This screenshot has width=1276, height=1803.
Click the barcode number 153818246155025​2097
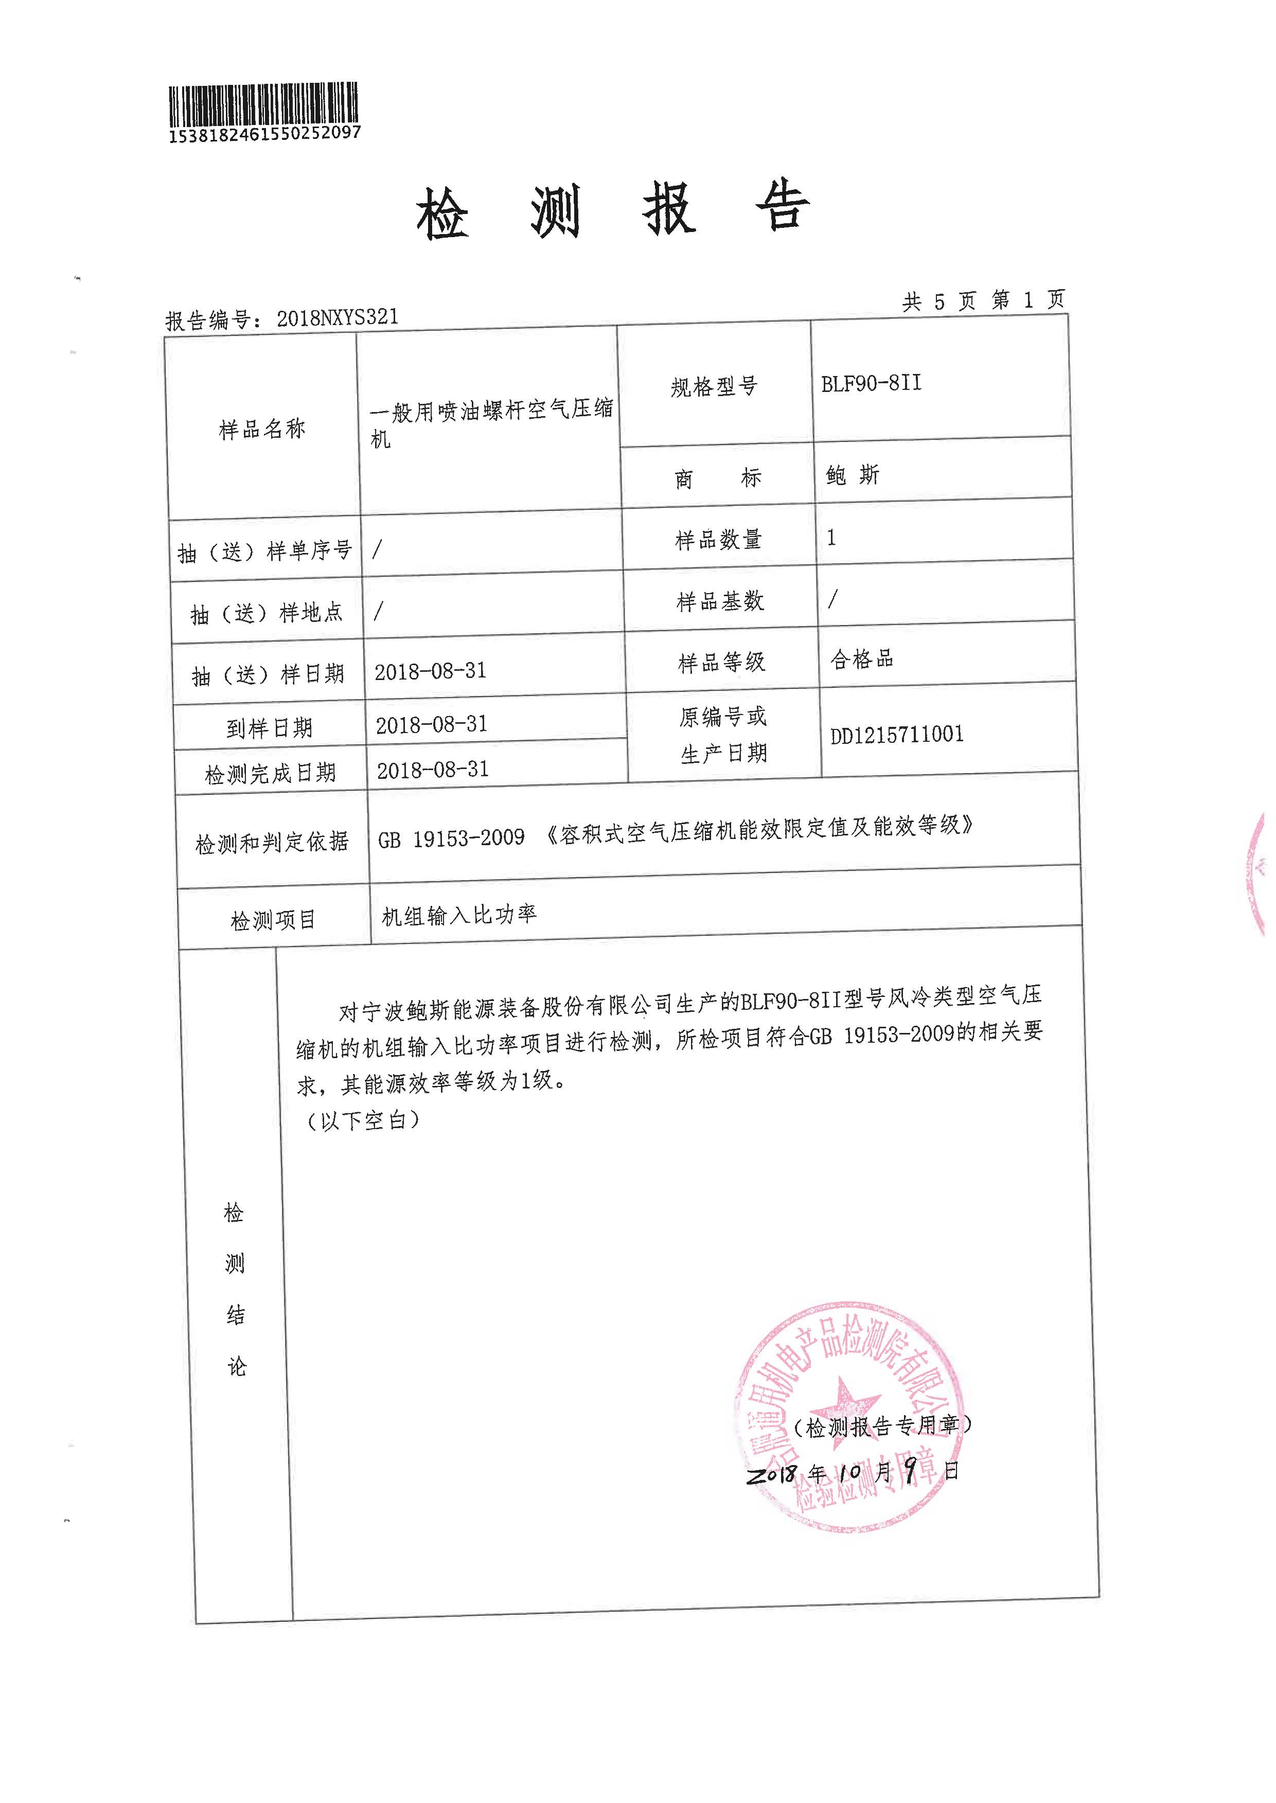click(265, 134)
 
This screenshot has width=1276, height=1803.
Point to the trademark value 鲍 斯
click(853, 474)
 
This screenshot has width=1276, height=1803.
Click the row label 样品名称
click(262, 429)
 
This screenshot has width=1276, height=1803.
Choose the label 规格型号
click(714, 386)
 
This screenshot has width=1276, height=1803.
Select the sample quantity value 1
click(831, 538)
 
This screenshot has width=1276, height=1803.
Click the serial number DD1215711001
click(896, 735)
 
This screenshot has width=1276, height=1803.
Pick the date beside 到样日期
click(431, 724)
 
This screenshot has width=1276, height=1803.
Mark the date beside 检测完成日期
click(433, 770)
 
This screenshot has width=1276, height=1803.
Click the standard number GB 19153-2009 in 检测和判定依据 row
click(451, 838)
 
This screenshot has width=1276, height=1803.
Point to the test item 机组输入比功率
click(459, 915)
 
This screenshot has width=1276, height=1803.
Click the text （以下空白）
click(362, 1121)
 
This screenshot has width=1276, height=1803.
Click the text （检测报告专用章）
click(881, 1426)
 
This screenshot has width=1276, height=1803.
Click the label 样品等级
click(721, 662)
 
